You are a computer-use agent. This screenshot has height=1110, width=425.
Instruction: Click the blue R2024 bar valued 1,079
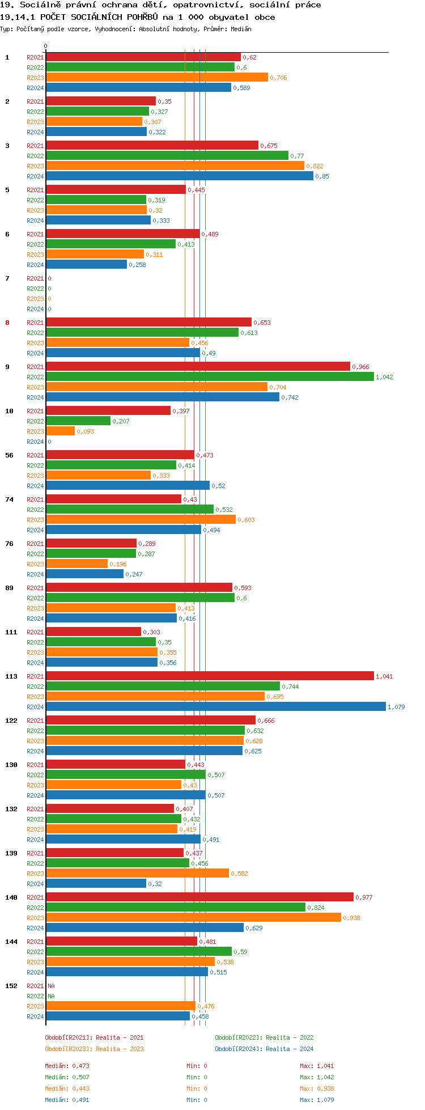point(215,707)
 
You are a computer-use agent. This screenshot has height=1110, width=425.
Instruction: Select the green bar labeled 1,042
point(210,377)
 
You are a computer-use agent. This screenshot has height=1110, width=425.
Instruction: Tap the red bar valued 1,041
point(210,676)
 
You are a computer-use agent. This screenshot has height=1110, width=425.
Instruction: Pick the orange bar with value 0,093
point(60,431)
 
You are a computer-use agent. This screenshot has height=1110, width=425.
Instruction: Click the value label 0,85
point(322,176)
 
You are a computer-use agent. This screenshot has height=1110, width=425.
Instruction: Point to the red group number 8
point(7,323)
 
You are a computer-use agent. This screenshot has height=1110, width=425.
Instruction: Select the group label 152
point(11,986)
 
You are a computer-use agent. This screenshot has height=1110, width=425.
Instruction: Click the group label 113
point(11,676)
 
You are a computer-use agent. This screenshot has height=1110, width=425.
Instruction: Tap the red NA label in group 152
point(51,986)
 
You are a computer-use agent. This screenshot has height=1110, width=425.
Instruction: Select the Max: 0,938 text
point(317,1088)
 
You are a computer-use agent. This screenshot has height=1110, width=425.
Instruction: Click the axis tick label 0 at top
point(46,46)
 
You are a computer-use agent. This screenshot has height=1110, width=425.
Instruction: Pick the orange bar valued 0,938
point(193,918)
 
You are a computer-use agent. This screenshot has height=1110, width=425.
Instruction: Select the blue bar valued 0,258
point(86,265)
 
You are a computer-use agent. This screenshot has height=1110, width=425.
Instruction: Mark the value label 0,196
point(118,564)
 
